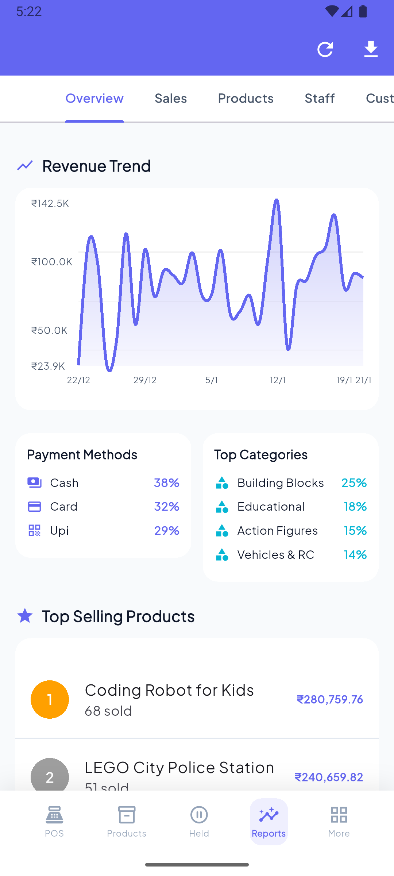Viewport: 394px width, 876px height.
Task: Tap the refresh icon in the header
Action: (325, 49)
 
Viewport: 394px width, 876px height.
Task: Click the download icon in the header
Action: (371, 49)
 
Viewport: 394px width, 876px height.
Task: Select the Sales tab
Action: (171, 98)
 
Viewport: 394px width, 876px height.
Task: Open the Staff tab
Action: (320, 98)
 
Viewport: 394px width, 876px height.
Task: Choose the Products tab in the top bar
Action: (246, 98)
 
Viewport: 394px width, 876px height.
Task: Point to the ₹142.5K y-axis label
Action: (50, 203)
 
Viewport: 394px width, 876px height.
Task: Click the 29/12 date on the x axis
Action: (145, 380)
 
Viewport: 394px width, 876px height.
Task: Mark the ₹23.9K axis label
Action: (48, 366)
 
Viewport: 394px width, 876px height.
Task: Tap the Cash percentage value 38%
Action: (166, 483)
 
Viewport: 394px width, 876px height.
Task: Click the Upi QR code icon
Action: (35, 530)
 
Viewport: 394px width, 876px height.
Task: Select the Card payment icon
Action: (35, 507)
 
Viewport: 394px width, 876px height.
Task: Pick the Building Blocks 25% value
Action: (354, 483)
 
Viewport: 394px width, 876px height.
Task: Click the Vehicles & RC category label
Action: (276, 554)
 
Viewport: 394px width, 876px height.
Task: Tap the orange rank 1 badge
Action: (50, 699)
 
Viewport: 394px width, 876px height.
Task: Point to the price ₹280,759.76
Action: (330, 699)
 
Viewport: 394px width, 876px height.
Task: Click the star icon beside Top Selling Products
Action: (25, 616)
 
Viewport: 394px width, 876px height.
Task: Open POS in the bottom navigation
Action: (54, 822)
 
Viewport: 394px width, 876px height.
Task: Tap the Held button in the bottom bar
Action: (199, 822)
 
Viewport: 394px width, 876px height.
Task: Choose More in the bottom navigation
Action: (339, 822)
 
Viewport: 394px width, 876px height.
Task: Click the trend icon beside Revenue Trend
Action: (25, 166)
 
